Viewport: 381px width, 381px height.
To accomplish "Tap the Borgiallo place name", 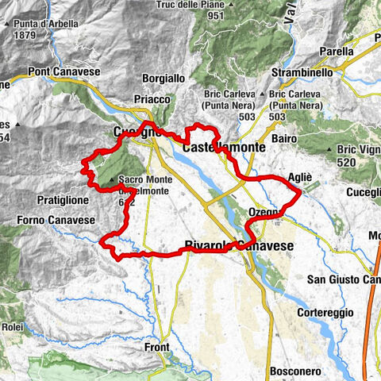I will [162, 79].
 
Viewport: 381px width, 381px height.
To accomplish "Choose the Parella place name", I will [337, 51].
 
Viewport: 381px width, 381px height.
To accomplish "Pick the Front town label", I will [158, 348].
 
